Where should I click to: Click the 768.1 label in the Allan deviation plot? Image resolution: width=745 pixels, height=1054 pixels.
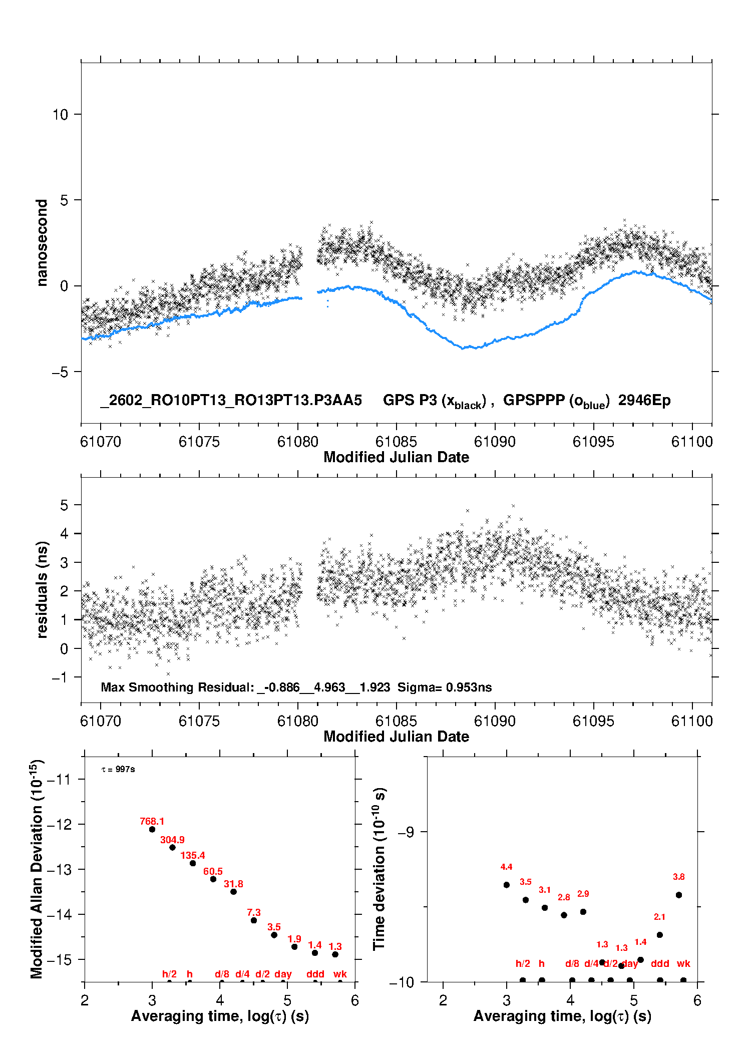152,821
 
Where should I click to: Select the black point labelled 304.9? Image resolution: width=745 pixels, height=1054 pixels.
172,847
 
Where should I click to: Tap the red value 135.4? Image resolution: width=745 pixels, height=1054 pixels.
193,855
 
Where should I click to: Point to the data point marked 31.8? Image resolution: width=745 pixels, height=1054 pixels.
233,891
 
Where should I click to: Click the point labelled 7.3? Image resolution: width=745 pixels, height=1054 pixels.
254,920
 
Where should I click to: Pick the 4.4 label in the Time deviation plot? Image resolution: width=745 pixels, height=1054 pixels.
506,867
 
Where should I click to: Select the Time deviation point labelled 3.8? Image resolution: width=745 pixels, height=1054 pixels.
679,895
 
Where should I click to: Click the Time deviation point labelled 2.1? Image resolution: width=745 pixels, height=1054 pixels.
660,935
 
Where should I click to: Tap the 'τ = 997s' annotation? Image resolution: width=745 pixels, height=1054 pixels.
118,769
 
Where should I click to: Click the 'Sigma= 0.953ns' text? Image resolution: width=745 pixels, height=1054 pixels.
445,687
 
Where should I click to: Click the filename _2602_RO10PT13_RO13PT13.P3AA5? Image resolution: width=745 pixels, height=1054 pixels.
231,400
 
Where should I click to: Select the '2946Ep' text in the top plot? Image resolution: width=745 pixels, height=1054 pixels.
644,400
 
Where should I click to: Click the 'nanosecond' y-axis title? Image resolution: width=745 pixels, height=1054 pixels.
42,243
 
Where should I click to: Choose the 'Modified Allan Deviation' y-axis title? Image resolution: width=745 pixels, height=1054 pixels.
36,869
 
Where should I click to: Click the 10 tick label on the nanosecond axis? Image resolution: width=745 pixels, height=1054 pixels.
60,115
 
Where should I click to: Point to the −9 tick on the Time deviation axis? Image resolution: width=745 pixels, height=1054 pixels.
406,832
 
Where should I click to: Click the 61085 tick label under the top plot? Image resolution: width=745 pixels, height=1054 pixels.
396,442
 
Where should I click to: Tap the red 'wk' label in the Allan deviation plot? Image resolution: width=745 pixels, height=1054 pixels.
340,974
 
